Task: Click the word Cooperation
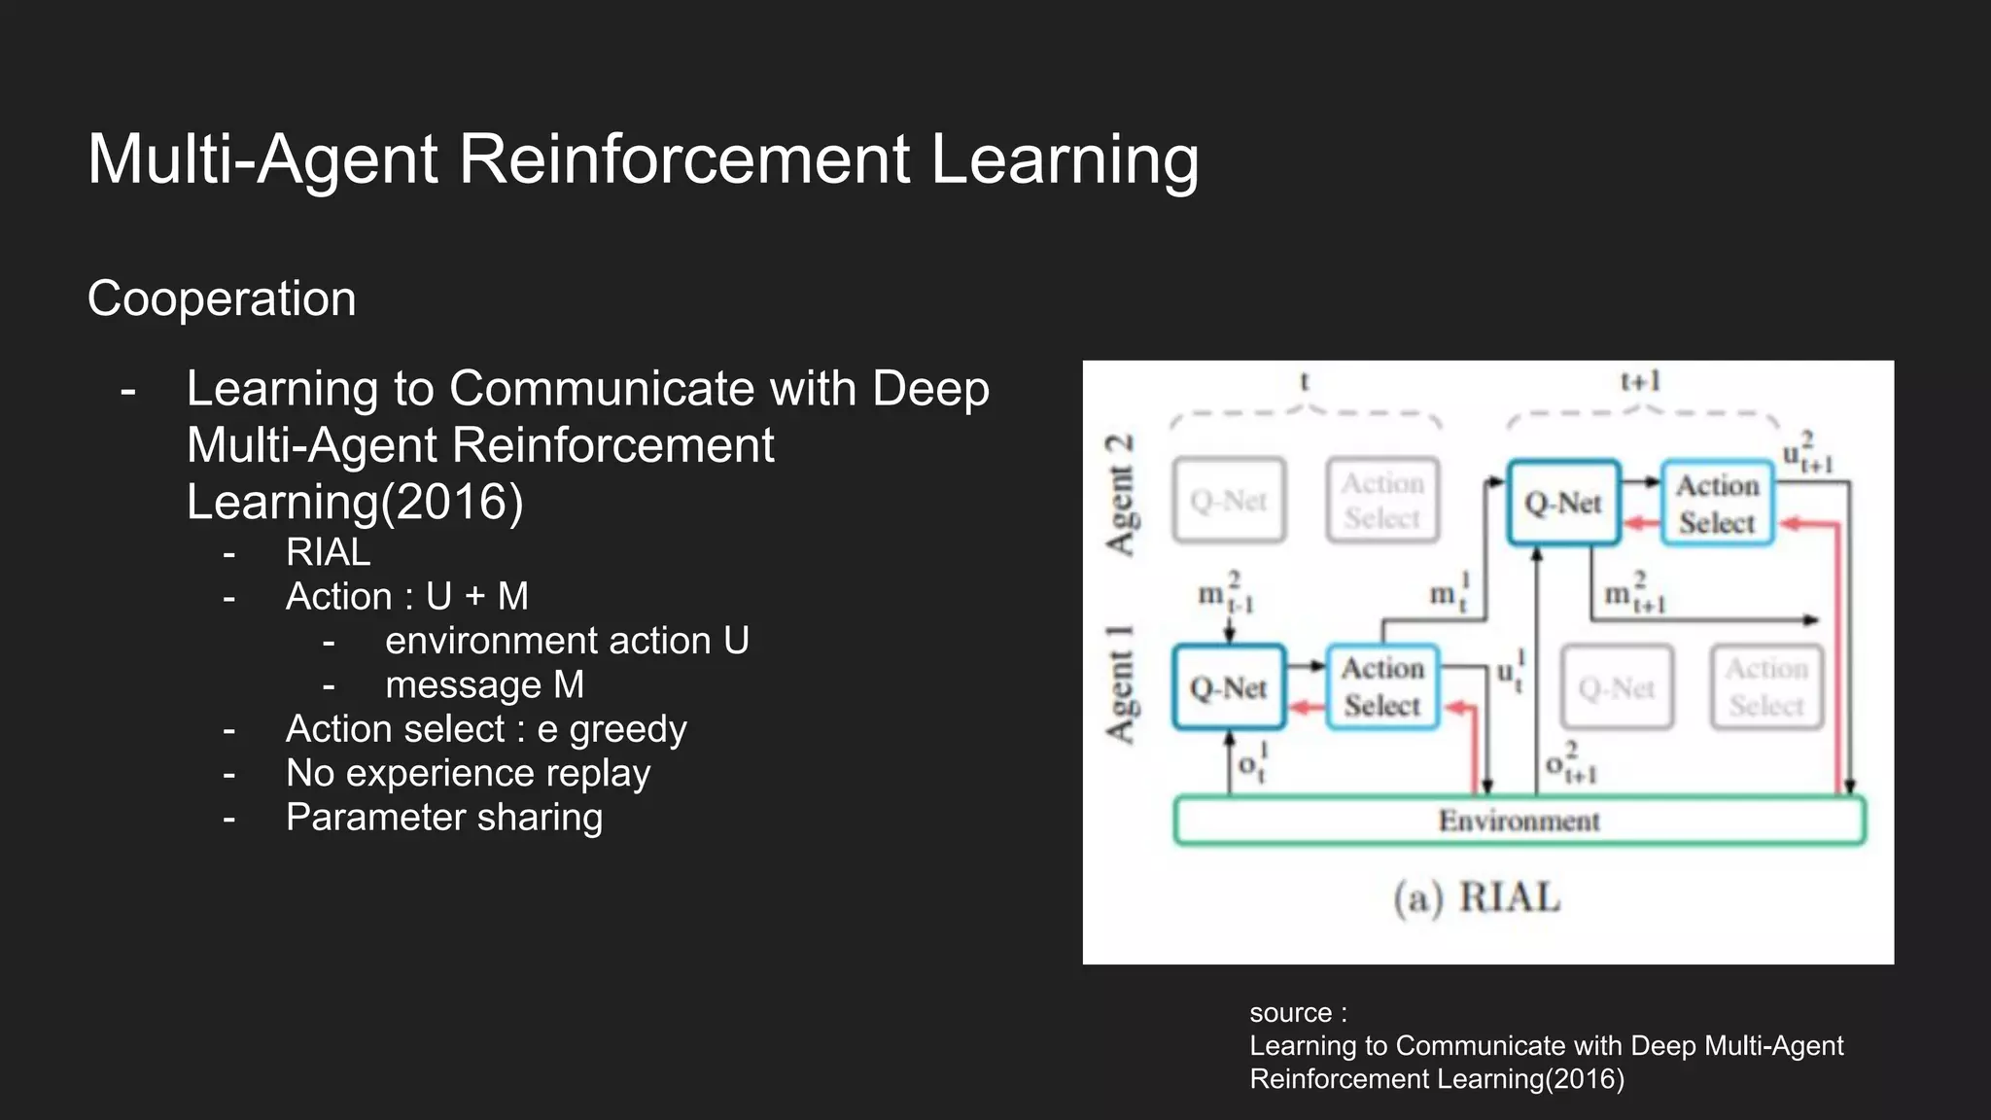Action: pyautogui.click(x=222, y=298)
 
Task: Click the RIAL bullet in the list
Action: pyautogui.click(x=328, y=552)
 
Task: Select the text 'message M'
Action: pyautogui.click(x=484, y=685)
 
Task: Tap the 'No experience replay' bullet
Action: pyautogui.click(x=468, y=774)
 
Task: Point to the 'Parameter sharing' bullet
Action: pyautogui.click(x=444, y=818)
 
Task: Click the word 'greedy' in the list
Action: pyautogui.click(x=628, y=729)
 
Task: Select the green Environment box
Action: pyautogui.click(x=1519, y=821)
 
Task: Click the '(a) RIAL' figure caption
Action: pyautogui.click(x=1477, y=897)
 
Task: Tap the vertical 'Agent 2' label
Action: pyautogui.click(x=1119, y=495)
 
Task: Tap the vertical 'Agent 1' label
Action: pyautogui.click(x=1119, y=684)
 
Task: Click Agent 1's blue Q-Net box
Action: pyautogui.click(x=1229, y=687)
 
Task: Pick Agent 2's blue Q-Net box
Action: pyautogui.click(x=1563, y=503)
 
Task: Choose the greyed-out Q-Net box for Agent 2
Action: pyautogui.click(x=1229, y=501)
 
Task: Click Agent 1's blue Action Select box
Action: pyautogui.click(x=1381, y=687)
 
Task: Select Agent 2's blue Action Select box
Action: pyautogui.click(x=1717, y=503)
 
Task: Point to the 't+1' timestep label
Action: pyautogui.click(x=1641, y=381)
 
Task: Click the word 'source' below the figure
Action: pyautogui.click(x=1290, y=1013)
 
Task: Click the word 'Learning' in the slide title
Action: pyautogui.click(x=1065, y=159)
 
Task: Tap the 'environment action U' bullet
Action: pyautogui.click(x=567, y=642)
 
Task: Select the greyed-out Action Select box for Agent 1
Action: pyautogui.click(x=1766, y=687)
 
